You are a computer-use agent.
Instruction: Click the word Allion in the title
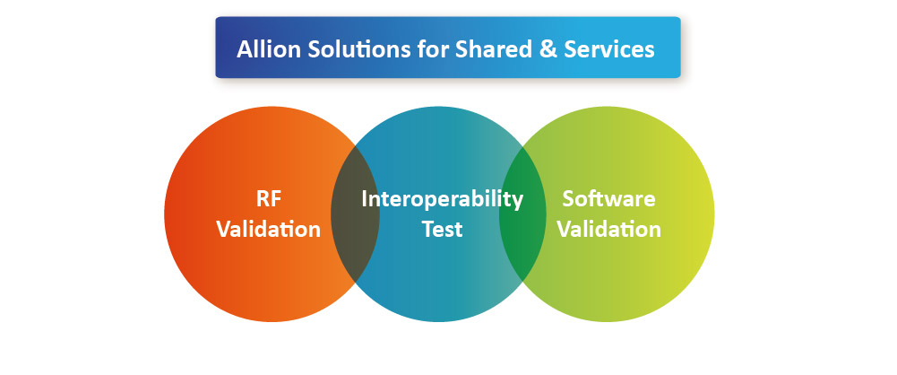coord(269,49)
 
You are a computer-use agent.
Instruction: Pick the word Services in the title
coord(609,49)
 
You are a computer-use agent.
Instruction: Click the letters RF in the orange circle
coord(268,198)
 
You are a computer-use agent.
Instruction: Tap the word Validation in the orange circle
coord(268,229)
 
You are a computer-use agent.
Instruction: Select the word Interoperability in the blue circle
coord(442,200)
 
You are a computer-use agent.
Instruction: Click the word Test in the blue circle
coord(442,229)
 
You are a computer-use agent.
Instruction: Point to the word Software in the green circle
coord(608,198)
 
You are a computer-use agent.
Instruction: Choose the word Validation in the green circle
coord(609,229)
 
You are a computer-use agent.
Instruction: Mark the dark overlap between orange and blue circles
coord(355,214)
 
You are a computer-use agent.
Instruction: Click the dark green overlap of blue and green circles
coord(522,214)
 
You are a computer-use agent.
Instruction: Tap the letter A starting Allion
coord(245,50)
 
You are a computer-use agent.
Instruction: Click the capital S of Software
coord(569,198)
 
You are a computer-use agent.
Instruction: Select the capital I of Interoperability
coord(365,198)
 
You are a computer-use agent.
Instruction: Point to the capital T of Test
coord(429,229)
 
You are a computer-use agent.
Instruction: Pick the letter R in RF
coord(263,198)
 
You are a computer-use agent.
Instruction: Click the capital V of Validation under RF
coord(224,229)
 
